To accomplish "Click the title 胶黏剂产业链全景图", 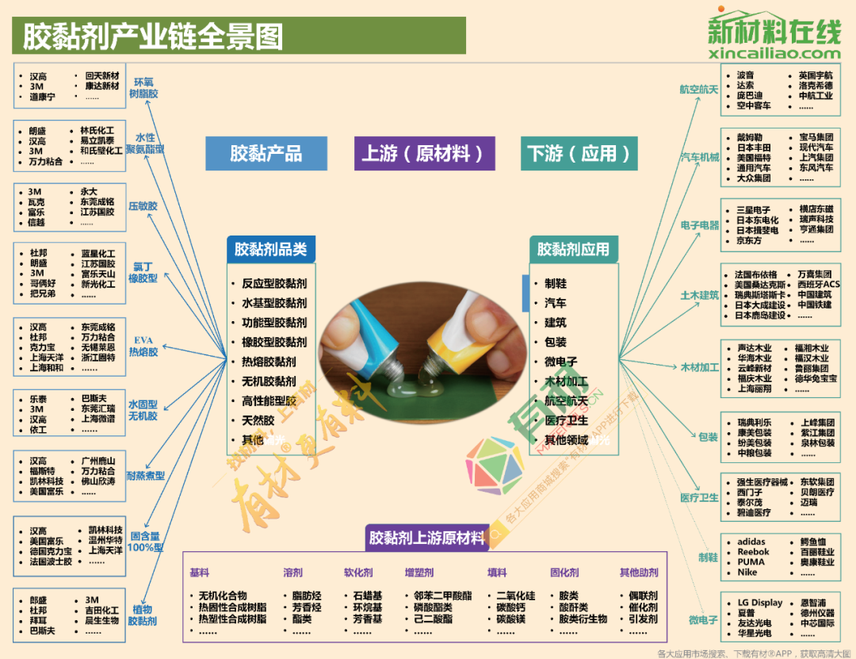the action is point(152,36).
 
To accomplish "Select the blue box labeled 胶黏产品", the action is point(266,153).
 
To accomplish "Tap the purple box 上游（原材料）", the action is point(424,153).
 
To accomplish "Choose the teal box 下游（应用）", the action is point(582,153).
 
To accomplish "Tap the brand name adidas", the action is point(751,542).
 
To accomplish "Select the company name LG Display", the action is point(760,603).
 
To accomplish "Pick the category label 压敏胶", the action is point(143,206).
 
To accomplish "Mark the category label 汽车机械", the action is point(700,158).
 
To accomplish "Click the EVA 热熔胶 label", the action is point(143,347).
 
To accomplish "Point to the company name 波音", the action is point(745,75).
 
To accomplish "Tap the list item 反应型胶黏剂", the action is point(274,283).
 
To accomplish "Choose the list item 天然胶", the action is point(258,420).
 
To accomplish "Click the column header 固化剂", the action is point(564,572).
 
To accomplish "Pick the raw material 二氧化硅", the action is point(516,596).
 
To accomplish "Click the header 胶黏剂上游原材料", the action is point(426,538).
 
